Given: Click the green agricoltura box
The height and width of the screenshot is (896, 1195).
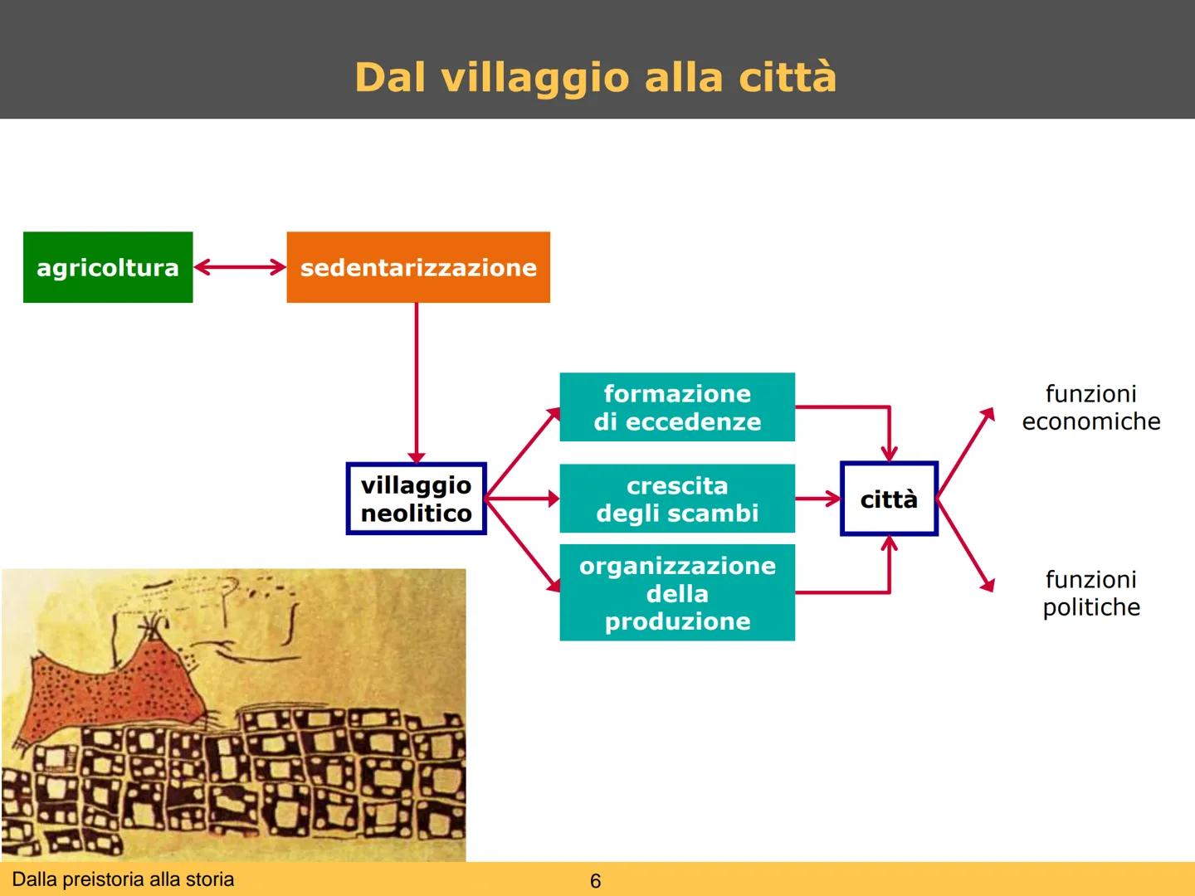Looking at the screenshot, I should [x=108, y=267].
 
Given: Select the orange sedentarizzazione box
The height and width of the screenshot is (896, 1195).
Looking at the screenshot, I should [x=418, y=267].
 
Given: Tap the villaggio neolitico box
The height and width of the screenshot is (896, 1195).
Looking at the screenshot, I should [x=416, y=499].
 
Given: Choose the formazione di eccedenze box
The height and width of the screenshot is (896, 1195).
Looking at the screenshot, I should [x=677, y=407].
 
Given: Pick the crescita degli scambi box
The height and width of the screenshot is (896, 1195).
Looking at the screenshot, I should [x=677, y=499].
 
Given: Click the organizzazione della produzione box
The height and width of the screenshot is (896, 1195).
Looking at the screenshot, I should [x=677, y=592].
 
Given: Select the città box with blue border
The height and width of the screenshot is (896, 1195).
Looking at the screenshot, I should [x=889, y=499].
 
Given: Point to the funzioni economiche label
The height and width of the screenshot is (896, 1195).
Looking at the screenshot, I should [x=1090, y=407].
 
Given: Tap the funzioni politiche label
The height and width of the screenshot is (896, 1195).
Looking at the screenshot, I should [x=1090, y=592].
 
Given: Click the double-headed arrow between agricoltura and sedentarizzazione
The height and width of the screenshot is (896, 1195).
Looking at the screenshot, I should [x=240, y=267].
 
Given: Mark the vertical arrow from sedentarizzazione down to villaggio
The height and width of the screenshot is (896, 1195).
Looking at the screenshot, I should [x=417, y=382].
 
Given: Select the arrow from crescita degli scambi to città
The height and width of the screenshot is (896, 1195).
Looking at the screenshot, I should [x=817, y=499].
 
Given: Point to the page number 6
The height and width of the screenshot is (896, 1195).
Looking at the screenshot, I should [x=595, y=881].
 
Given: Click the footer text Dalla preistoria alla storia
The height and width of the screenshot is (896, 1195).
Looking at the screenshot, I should [x=124, y=879].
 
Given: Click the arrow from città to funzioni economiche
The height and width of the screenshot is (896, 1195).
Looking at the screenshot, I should [x=965, y=452].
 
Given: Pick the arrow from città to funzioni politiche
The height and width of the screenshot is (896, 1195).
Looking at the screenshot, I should [x=965, y=545].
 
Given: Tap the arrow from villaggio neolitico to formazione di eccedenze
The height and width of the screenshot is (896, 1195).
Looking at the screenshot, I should [x=523, y=452].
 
